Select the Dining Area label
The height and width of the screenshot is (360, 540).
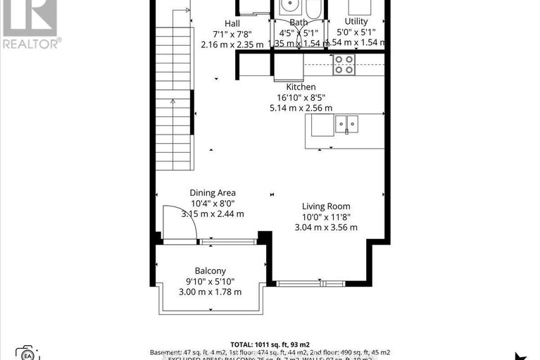click(212, 192)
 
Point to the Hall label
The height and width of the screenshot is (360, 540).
click(232, 23)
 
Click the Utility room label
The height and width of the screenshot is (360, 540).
click(356, 21)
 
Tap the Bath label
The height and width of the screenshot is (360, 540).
click(299, 23)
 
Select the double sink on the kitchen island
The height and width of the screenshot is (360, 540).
click(346, 125)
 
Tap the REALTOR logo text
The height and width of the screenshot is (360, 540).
click(31, 43)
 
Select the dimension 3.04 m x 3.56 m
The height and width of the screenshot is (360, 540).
click(326, 227)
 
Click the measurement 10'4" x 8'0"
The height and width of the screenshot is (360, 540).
click(212, 204)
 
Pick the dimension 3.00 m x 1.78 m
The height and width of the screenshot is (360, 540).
click(210, 292)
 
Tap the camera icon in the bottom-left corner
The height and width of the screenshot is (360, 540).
click(26, 353)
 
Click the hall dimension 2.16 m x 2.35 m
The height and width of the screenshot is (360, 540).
click(232, 44)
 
